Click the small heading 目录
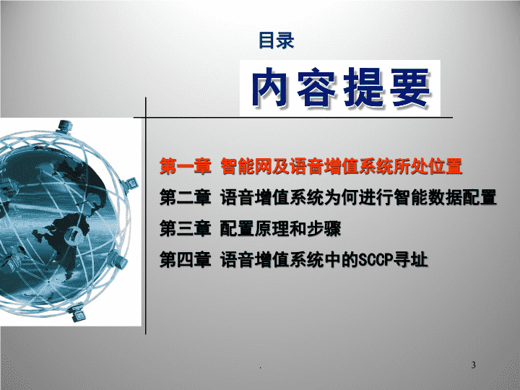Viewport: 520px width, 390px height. click(276, 40)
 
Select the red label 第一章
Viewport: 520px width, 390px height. click(186, 166)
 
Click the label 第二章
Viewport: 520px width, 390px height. click(186, 197)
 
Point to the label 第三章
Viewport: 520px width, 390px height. click(186, 228)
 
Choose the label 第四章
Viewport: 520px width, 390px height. click(186, 259)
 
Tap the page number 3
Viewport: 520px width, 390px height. click(474, 365)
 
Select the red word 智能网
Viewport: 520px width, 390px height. click(246, 166)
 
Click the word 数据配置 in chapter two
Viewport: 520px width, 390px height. click(462, 197)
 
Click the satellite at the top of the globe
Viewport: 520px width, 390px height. click(64, 126)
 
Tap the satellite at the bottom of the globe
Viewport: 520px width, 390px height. click(77, 313)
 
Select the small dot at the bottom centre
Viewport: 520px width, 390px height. click(260, 368)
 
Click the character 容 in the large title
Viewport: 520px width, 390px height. click(317, 87)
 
